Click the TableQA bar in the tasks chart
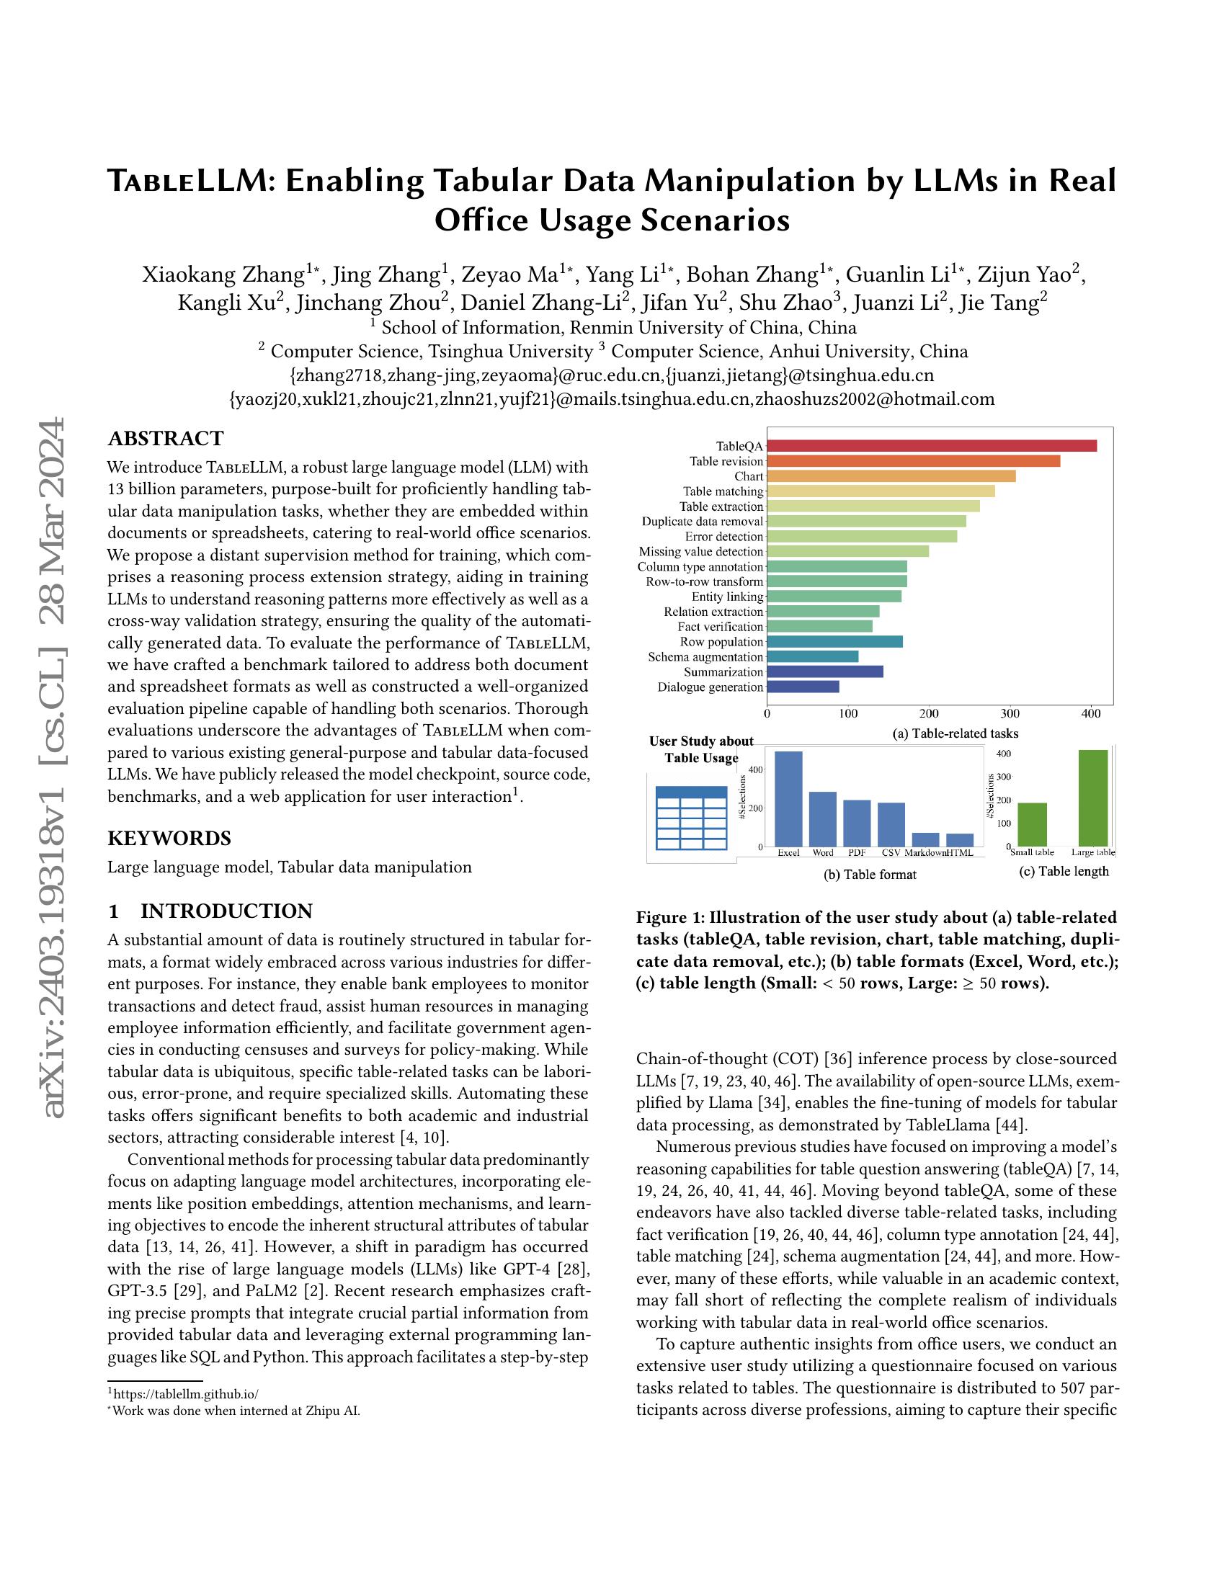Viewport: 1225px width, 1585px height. point(931,445)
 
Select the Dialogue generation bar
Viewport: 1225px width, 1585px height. point(803,687)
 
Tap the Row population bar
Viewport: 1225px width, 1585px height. point(834,641)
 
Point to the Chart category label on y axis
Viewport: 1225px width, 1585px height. point(748,477)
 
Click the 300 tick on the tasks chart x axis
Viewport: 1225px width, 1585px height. point(1010,713)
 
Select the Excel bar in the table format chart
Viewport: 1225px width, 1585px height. point(788,798)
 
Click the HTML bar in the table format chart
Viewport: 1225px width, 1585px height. point(959,839)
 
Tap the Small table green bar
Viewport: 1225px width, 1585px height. point(1031,823)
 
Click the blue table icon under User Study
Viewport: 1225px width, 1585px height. point(691,818)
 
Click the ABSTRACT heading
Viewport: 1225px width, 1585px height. point(166,438)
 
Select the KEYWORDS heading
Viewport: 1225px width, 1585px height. point(169,838)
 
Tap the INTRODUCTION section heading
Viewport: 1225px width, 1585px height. point(226,911)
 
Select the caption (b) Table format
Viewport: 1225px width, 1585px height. point(870,875)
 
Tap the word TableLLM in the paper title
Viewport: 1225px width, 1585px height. point(186,180)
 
